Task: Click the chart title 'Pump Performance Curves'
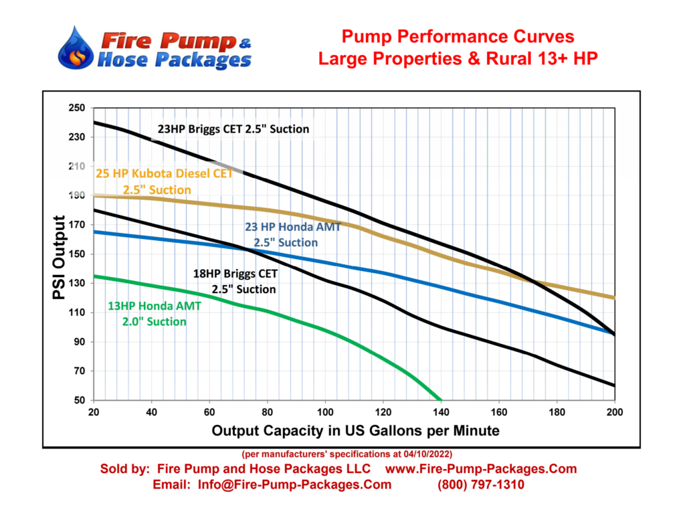458,36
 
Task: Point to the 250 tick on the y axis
78,108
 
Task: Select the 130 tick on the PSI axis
78,283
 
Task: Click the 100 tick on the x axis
325,413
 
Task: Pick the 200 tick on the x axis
613,413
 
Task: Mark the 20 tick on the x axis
94,413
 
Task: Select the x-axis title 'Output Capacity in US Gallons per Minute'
355,430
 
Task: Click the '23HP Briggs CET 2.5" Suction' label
233,128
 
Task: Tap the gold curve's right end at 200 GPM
612,297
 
